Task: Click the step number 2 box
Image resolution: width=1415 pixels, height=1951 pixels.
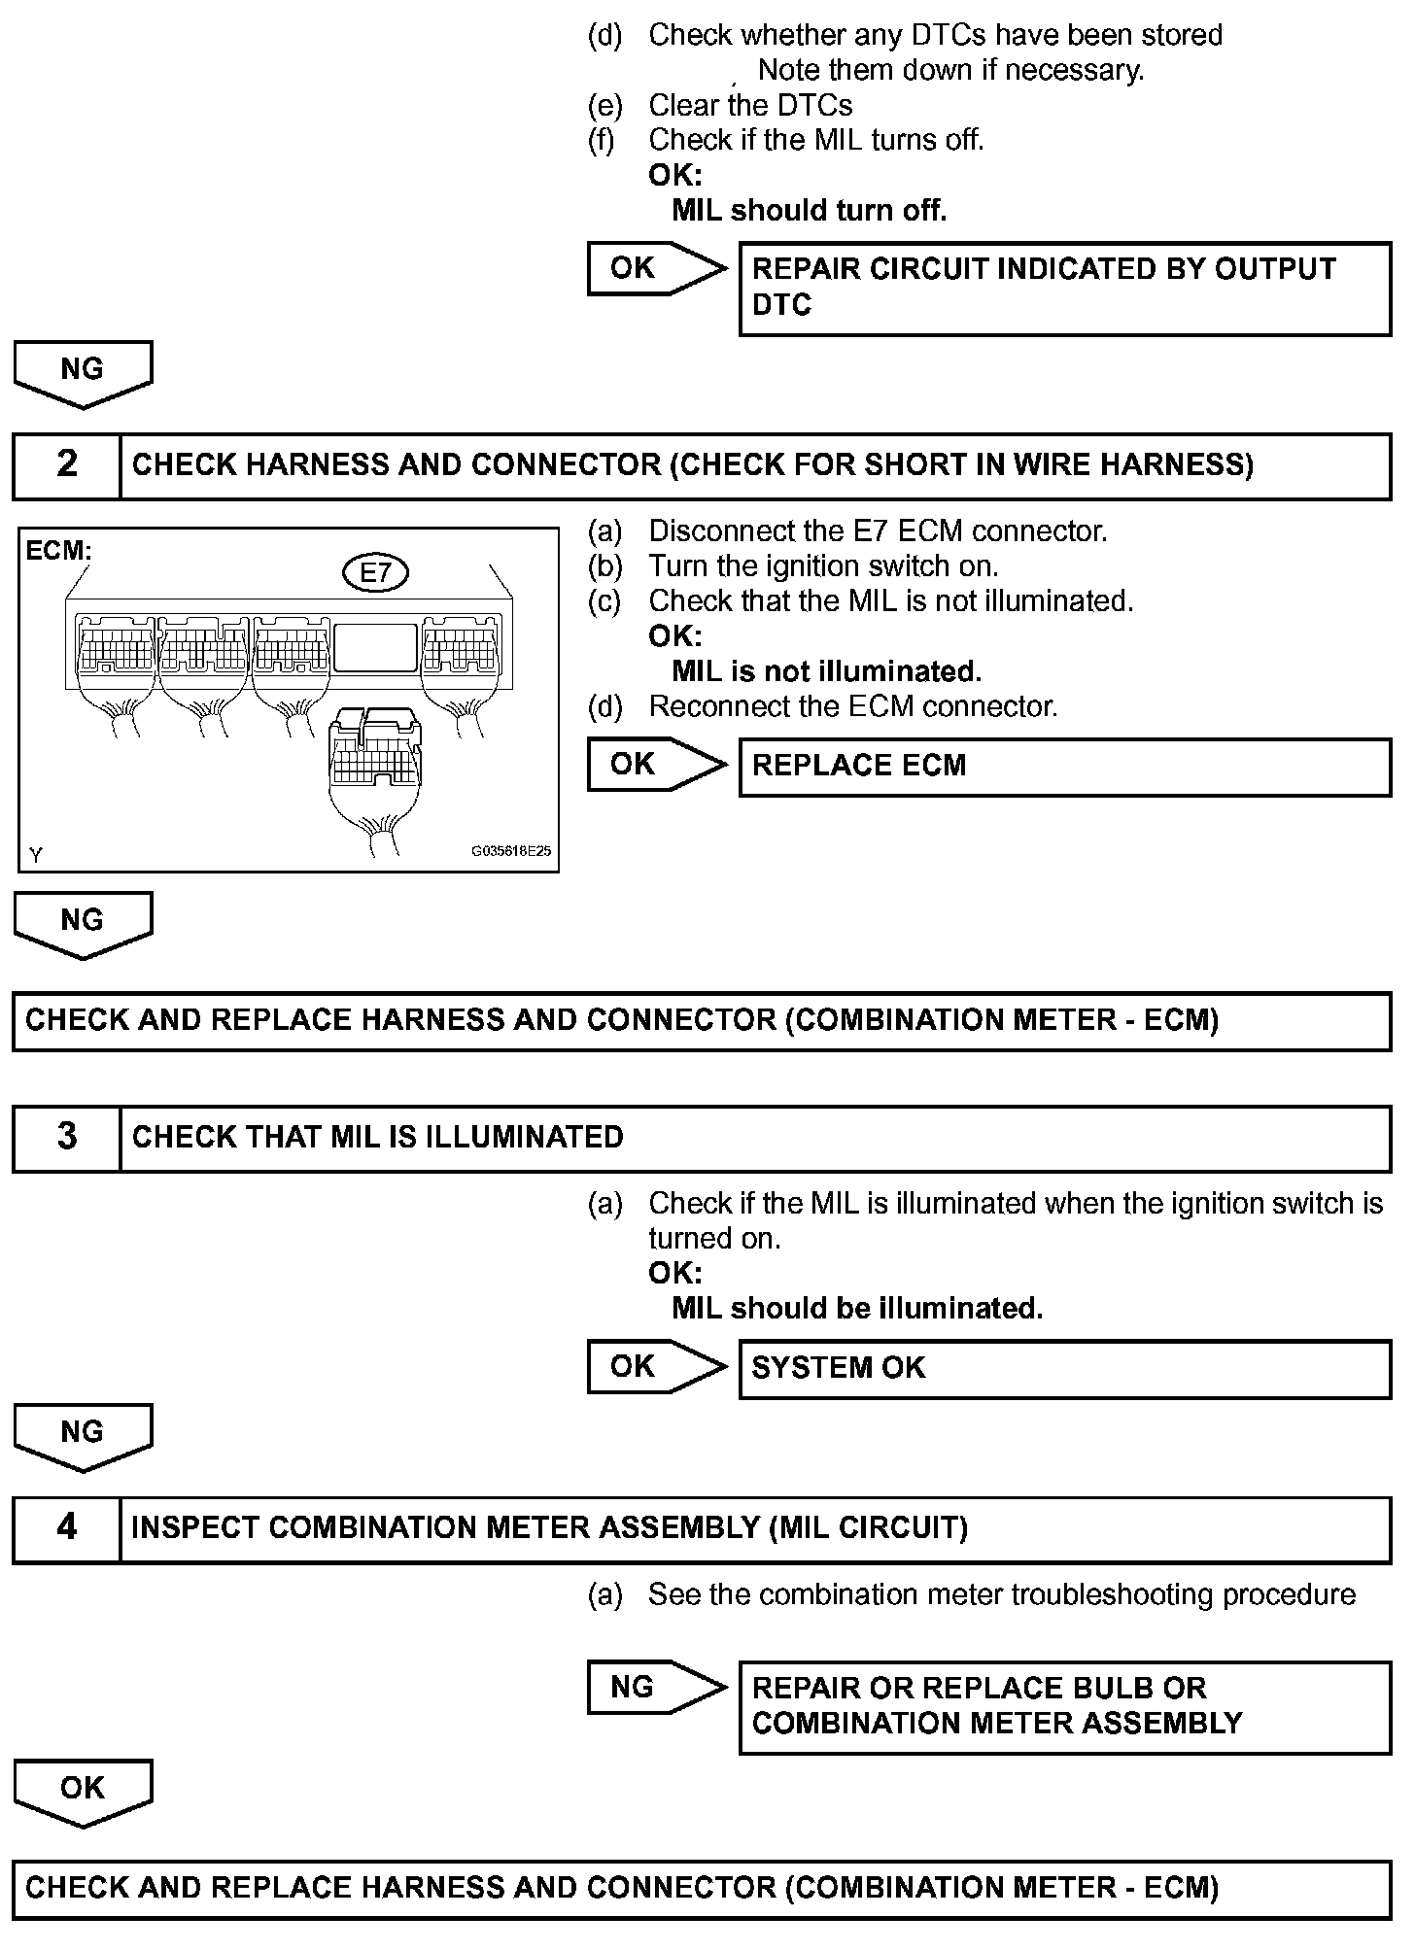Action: coord(66,464)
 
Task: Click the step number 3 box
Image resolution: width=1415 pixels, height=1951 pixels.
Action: coord(66,1137)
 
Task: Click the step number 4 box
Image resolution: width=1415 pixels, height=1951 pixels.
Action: coord(66,1527)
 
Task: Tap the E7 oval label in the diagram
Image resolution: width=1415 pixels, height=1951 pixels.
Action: coord(375,572)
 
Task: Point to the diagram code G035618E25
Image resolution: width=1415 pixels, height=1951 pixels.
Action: coord(511,851)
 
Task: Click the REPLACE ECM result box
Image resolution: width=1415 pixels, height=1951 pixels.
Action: coord(1064,767)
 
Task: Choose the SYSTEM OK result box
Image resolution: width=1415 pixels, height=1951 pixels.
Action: coord(1064,1368)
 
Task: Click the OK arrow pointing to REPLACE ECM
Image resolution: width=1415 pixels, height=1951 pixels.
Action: coord(655,765)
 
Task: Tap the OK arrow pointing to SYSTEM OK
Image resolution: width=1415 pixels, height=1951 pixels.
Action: coord(655,1367)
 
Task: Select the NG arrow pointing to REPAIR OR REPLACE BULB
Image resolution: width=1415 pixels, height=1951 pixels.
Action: coord(655,1688)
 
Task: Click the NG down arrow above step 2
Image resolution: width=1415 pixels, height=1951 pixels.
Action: coord(83,372)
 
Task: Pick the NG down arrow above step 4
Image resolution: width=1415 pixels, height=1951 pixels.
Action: coord(83,1435)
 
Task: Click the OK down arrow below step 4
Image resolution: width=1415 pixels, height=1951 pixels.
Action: coord(83,1791)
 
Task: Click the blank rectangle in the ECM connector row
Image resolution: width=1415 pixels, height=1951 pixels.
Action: coord(375,648)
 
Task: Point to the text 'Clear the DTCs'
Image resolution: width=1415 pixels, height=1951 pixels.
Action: coord(750,105)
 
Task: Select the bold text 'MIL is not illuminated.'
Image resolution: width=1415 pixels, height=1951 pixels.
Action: coord(826,671)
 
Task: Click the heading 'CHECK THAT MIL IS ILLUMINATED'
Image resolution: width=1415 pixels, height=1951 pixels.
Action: coord(377,1137)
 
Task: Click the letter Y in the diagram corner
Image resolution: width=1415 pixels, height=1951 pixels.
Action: coord(36,855)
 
